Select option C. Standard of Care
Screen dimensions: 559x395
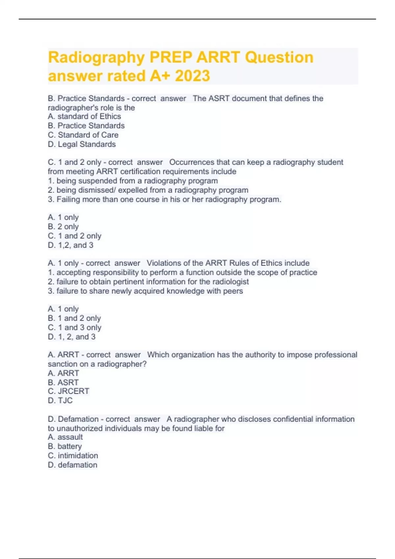pyautogui.click(x=83, y=135)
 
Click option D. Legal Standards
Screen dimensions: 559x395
pyautogui.click(x=82, y=144)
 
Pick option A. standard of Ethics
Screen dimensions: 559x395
pyautogui.click(x=84, y=116)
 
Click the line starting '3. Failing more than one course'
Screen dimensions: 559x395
pyautogui.click(x=164, y=199)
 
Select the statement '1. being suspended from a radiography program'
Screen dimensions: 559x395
pyautogui.click(x=133, y=181)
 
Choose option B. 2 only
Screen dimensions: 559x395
pyautogui.click(x=63, y=227)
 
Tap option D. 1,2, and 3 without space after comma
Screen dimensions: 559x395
pyautogui.click(x=70, y=245)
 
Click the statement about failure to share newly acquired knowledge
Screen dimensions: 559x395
pyautogui.click(x=145, y=291)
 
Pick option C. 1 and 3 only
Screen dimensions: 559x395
pyautogui.click(x=74, y=328)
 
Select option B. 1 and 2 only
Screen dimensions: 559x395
pyautogui.click(x=74, y=318)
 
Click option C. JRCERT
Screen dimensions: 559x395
pyautogui.click(x=68, y=391)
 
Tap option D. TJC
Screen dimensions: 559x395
pyautogui.click(x=60, y=400)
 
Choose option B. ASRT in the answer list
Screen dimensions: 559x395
pyautogui.click(x=63, y=382)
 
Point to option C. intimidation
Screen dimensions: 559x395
pyautogui.click(x=73, y=455)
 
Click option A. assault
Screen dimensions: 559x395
pyautogui.click(x=65, y=437)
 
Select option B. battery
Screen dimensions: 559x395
pyautogui.click(x=65, y=446)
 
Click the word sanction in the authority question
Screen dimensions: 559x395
pyautogui.click(x=60, y=364)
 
